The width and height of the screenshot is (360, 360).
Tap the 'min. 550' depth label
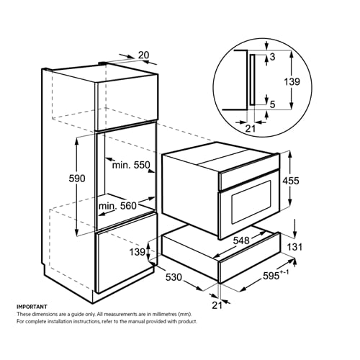coord(130,165)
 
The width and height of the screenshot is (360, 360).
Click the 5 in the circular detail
coord(273,103)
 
